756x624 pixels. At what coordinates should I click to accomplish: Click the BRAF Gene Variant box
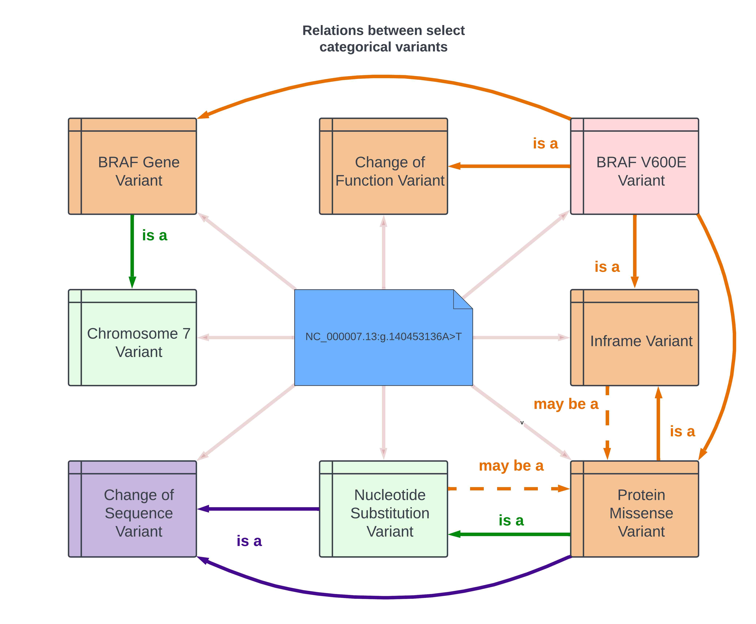click(132, 166)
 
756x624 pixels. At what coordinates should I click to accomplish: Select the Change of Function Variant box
click(383, 166)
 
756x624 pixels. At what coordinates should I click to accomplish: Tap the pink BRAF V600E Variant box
click(635, 166)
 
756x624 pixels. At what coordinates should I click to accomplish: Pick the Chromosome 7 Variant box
click(132, 338)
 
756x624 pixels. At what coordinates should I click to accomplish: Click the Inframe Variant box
click(635, 338)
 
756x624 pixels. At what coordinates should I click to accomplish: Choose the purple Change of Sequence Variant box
click(132, 509)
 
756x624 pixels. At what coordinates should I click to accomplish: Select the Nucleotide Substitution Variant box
click(383, 509)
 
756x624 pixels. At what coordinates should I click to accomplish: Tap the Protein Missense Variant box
click(635, 509)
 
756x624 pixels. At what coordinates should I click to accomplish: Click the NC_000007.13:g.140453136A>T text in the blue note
click(383, 336)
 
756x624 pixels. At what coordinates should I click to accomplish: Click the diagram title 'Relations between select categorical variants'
click(383, 38)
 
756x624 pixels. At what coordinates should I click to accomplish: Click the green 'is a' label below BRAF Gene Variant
click(155, 235)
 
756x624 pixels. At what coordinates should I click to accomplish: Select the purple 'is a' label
click(249, 541)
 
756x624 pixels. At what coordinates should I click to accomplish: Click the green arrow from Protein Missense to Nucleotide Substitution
click(509, 534)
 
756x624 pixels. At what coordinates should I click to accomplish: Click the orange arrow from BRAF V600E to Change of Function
click(509, 166)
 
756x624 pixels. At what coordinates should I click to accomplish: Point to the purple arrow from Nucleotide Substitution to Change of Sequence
click(258, 509)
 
